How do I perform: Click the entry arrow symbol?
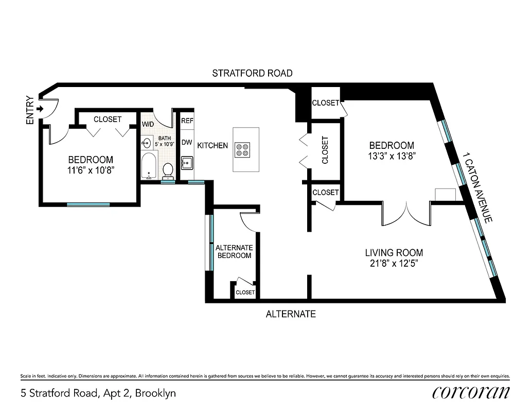click(40, 109)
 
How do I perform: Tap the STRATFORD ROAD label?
click(252, 73)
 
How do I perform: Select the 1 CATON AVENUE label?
click(477, 187)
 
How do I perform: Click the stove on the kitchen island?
click(242, 150)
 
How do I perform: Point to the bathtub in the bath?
click(149, 166)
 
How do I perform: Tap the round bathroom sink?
click(147, 144)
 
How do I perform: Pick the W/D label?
click(148, 125)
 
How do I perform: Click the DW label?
click(187, 142)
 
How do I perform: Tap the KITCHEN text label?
click(212, 146)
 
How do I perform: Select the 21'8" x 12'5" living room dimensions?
click(394, 263)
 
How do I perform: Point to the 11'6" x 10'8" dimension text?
click(91, 169)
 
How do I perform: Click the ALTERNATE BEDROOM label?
click(234, 251)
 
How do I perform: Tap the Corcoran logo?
click(471, 392)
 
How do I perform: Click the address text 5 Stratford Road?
click(98, 393)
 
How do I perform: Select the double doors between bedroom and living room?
click(406, 214)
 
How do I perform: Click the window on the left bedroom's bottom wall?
click(88, 204)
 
